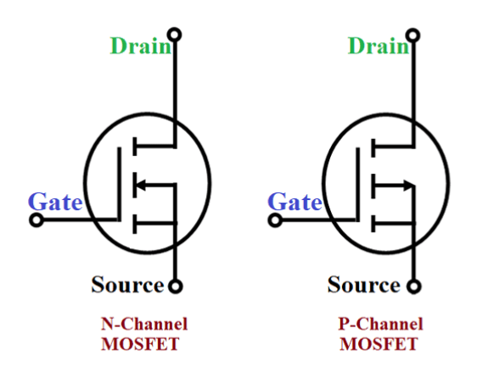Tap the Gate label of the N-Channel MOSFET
tap(56, 203)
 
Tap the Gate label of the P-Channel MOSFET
tap(295, 203)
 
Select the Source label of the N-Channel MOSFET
tap(126, 285)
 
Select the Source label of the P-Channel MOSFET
tap(363, 285)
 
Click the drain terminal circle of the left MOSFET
tap(175, 35)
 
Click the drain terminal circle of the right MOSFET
tap(413, 35)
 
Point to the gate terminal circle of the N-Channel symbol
tap(36, 221)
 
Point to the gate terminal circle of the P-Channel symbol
tap(274, 221)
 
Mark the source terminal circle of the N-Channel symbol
tap(175, 287)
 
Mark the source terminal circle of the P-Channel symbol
tap(413, 287)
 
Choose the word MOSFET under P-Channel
tap(379, 343)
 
